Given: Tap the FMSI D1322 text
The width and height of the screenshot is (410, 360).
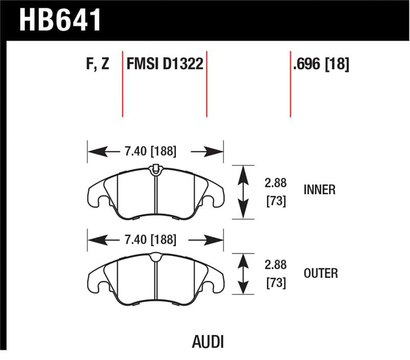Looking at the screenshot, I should (165, 65).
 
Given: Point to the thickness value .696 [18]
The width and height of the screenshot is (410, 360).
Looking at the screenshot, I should (321, 65).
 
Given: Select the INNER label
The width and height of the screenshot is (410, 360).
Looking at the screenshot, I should (319, 190).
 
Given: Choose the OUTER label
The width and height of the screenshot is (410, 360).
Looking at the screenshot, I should (320, 273).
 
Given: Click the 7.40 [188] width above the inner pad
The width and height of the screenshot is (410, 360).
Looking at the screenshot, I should (150, 151).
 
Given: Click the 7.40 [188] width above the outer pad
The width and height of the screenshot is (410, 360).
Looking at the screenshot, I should (150, 239).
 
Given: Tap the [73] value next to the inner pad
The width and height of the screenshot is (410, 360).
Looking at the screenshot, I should (276, 201).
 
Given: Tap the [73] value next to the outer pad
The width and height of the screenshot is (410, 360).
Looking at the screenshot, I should (276, 283).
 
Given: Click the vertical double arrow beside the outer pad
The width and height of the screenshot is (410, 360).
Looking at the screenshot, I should (244, 274).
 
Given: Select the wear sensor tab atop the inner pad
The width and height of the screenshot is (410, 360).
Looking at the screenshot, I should (155, 168).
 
